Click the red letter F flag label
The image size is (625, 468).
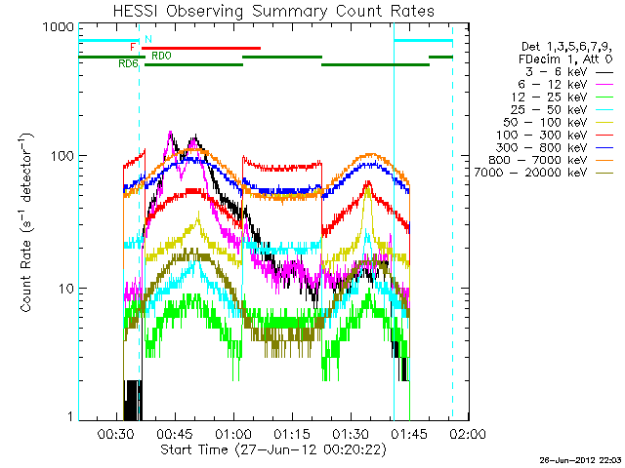point(133,47)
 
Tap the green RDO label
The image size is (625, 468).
point(162,56)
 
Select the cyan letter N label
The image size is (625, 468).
point(147,39)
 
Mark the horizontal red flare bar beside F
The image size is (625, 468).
point(201,48)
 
